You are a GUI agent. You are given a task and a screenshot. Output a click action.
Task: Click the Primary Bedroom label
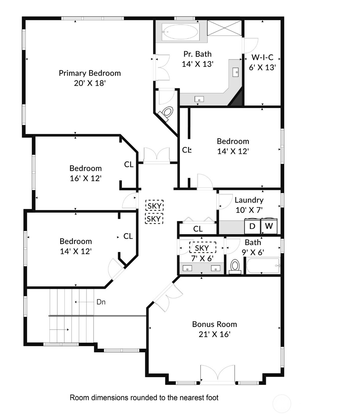pos(90,73)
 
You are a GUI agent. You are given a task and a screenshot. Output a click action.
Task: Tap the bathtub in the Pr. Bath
pos(180,32)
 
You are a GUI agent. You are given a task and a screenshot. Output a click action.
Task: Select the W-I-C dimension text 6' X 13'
pos(262,67)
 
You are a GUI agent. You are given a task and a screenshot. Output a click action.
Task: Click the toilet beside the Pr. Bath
pos(167,112)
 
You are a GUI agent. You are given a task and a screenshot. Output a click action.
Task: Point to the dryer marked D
pos(252,226)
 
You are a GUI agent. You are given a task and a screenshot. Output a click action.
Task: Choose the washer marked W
pos(269,226)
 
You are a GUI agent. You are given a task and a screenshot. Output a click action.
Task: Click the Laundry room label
pos(249,200)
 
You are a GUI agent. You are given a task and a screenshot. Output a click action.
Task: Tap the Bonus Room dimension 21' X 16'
pos(214,334)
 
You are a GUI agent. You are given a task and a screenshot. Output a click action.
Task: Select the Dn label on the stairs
pos(101,302)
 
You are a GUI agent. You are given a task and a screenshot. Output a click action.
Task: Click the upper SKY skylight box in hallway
pos(154,206)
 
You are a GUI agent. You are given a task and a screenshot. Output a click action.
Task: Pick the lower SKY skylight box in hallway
pos(154,218)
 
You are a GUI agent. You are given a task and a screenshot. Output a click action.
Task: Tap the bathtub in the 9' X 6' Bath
pos(263,266)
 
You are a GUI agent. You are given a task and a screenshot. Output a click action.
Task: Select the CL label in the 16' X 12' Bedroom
pos(129,164)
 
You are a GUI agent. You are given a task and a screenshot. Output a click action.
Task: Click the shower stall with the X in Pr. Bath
pos(224,28)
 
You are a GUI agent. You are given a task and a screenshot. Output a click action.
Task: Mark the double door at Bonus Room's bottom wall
pos(217,375)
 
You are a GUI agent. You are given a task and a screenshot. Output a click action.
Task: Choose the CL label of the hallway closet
pos(198,229)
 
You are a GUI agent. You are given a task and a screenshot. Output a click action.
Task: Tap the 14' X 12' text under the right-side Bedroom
pos(233,151)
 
